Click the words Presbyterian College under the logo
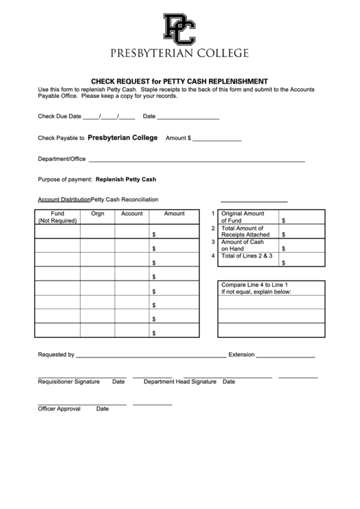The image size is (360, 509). pyautogui.click(x=179, y=53)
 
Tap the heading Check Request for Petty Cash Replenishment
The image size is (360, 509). pyautogui.click(x=179, y=80)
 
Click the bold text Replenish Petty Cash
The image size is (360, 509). pyautogui.click(x=126, y=179)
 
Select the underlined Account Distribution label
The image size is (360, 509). pyautogui.click(x=64, y=200)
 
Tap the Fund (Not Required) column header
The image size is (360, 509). pyautogui.click(x=57, y=217)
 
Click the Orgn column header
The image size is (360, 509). pyautogui.click(x=97, y=213)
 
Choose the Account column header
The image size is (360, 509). pyautogui.click(x=132, y=213)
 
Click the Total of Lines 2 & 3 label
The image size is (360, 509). pyautogui.click(x=247, y=256)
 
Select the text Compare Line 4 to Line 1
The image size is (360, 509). pyautogui.click(x=255, y=284)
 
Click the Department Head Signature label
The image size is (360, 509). pyautogui.click(x=179, y=382)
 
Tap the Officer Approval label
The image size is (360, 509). pyautogui.click(x=59, y=409)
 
